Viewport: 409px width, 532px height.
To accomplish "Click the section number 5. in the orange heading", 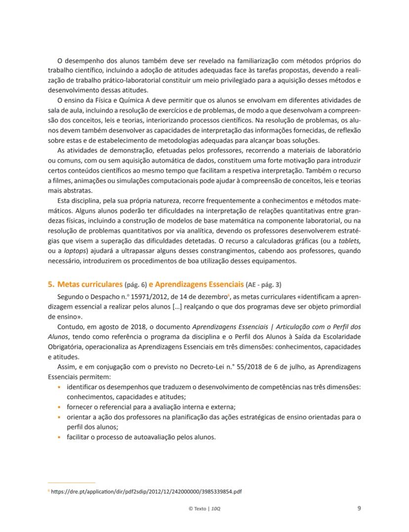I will click(x=51, y=285).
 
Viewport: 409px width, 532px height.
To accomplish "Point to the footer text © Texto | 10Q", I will click(x=205, y=508).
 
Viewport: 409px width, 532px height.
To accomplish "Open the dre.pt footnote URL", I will click(x=146, y=492).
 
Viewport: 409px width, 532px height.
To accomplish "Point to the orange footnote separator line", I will click(x=72, y=483).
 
